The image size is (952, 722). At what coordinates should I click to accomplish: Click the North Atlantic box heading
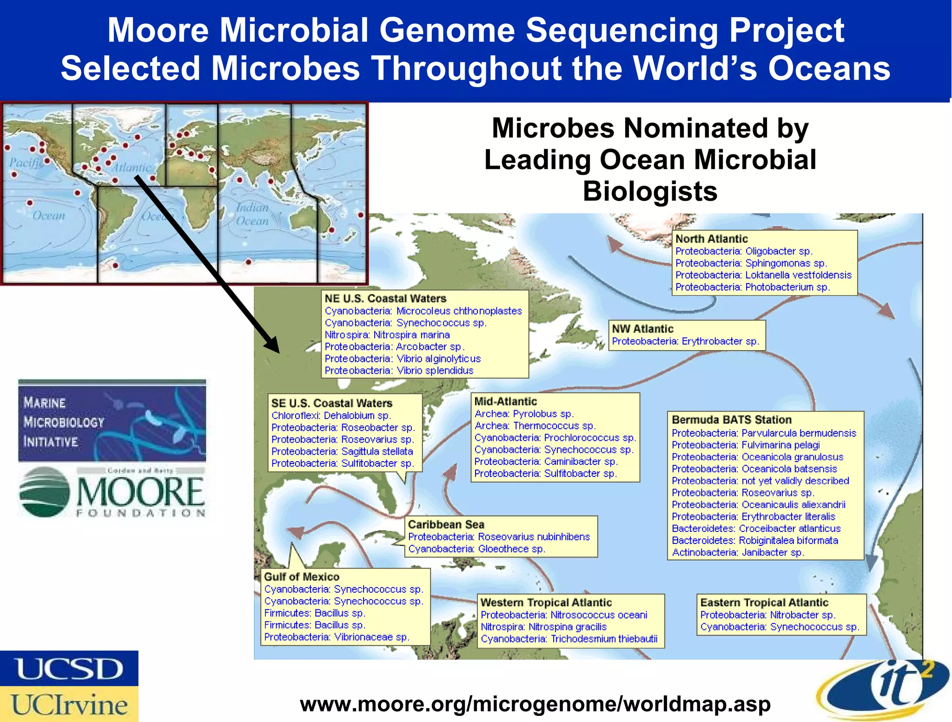[x=711, y=239]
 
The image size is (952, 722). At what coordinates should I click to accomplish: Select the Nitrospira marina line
[x=387, y=335]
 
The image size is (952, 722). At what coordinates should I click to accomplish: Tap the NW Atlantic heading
[x=642, y=329]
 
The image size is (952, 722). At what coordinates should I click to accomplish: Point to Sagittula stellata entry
[x=342, y=451]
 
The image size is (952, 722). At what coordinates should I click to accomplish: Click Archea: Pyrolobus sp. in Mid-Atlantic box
[x=524, y=414]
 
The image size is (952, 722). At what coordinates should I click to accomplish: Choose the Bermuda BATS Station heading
[x=731, y=420]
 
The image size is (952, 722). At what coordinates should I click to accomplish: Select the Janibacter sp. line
[x=738, y=552]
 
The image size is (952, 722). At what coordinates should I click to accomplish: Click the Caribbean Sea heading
[x=446, y=524]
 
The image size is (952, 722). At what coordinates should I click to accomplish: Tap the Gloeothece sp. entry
[x=476, y=549]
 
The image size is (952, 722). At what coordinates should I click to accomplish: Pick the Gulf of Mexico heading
[x=301, y=576]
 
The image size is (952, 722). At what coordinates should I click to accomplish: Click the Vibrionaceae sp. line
[x=337, y=637]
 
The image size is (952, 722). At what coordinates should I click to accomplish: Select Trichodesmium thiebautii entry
[x=569, y=639]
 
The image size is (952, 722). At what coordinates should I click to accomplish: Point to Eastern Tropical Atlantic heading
[x=764, y=603]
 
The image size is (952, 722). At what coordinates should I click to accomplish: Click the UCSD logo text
[x=69, y=669]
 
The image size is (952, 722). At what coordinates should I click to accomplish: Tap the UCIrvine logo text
[x=69, y=704]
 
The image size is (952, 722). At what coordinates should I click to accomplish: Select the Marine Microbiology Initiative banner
[x=112, y=421]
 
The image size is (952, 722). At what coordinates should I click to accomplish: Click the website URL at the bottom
[x=535, y=704]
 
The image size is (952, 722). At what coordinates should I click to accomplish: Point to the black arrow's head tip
[x=278, y=352]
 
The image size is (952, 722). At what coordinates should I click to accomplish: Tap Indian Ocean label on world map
[x=252, y=214]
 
